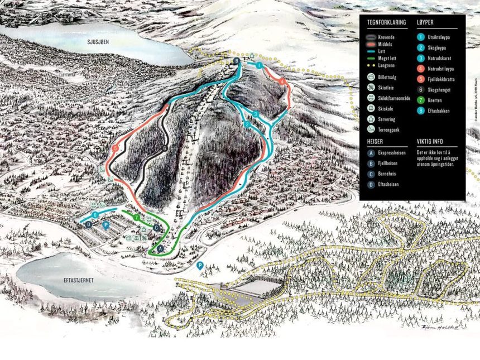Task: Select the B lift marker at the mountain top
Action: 236,60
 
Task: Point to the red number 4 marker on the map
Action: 282,81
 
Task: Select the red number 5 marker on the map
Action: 114,148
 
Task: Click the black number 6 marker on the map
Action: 165,148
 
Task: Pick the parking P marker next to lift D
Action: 106,225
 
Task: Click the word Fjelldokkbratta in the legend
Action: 441,79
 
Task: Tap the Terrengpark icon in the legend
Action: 371,129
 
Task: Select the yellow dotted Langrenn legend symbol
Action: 371,65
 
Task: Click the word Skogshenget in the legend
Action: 440,90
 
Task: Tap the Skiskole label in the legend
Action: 387,109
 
